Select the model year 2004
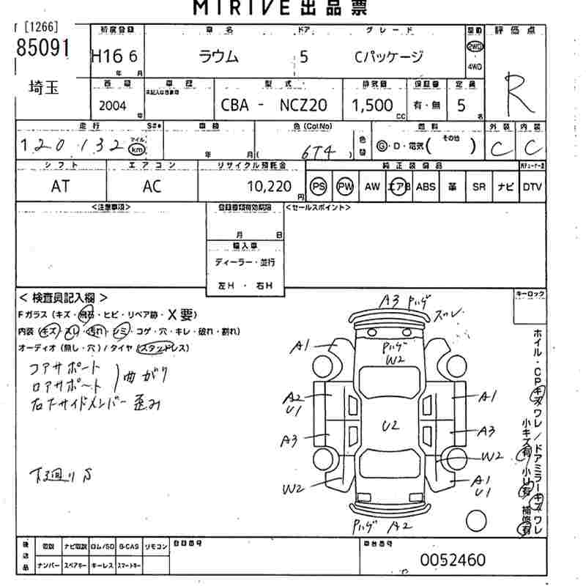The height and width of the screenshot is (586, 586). coord(112,105)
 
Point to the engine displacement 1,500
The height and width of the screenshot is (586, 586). coord(372,105)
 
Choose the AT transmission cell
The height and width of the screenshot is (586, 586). coord(61,187)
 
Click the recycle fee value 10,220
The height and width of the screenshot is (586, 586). coord(271,187)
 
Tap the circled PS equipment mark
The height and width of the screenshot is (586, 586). coord(318,187)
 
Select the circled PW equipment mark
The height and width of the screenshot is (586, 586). coord(345,187)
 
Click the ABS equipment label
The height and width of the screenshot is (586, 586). coord(426,187)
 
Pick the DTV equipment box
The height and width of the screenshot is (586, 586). coord(533,187)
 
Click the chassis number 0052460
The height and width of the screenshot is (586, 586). coord(452,560)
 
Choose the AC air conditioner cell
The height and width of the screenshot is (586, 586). coord(152,187)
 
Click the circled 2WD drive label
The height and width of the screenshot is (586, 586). coord(475,45)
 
